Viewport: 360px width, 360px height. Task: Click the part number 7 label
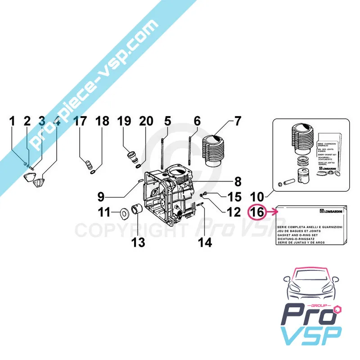pyautogui.click(x=238, y=121)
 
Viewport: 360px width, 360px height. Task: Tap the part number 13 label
pyautogui.click(x=139, y=243)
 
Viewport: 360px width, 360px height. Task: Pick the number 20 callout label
pyautogui.click(x=146, y=121)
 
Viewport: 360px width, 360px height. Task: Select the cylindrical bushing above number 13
pyautogui.click(x=137, y=210)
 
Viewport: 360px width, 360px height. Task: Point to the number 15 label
pyautogui.click(x=234, y=196)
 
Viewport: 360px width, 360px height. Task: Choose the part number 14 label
pyautogui.click(x=204, y=243)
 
